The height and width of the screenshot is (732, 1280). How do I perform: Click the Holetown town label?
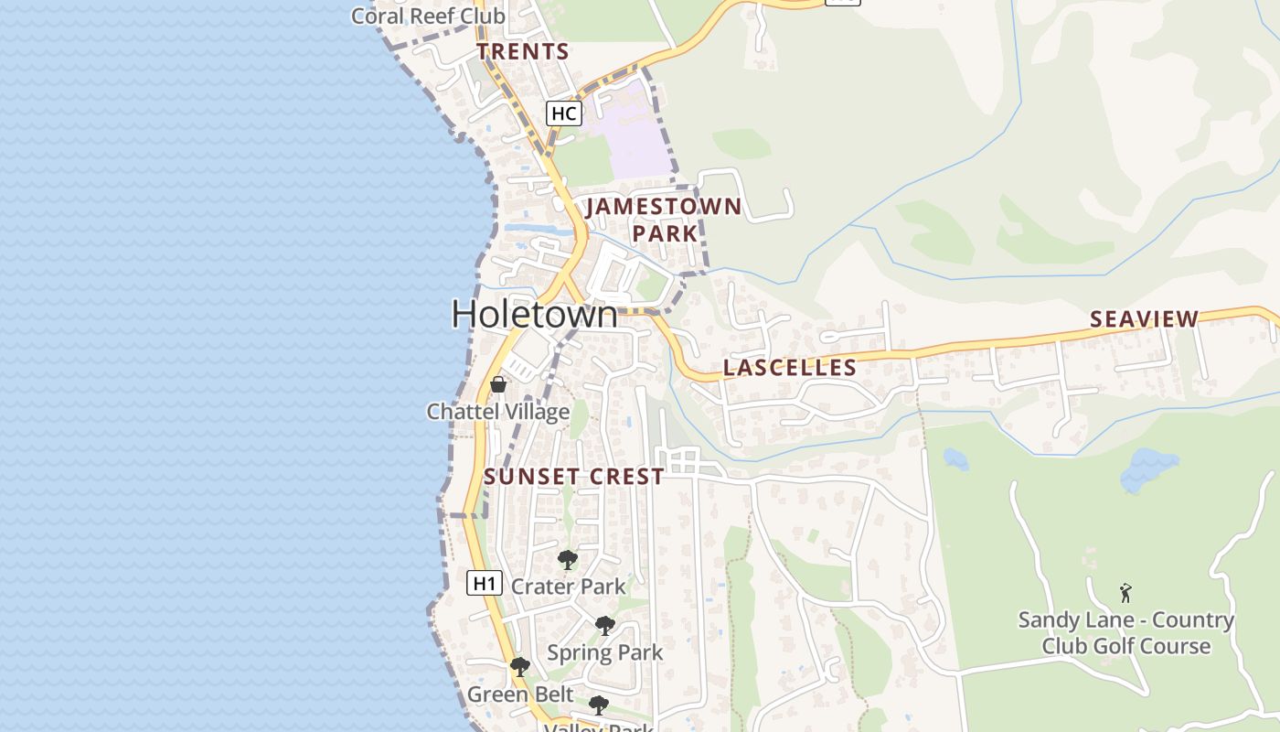[535, 314]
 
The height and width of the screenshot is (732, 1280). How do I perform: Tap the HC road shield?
[563, 113]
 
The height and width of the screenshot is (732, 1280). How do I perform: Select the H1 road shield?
[485, 583]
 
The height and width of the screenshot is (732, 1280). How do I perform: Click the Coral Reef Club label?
[428, 16]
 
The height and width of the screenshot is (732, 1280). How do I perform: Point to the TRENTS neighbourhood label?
[523, 51]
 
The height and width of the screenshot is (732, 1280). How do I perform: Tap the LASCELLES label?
[790, 368]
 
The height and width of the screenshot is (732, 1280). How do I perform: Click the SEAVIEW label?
[1144, 318]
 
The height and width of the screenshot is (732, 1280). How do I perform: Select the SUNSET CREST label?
[574, 477]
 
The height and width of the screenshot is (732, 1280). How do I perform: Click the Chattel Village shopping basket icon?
[498, 384]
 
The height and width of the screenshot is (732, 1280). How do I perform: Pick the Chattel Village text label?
[498, 412]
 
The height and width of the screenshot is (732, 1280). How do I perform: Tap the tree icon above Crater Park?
[568, 559]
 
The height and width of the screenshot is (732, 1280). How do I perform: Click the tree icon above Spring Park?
[604, 626]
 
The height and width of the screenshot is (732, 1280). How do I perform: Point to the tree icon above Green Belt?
[520, 667]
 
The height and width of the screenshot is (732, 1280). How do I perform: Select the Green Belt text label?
[520, 694]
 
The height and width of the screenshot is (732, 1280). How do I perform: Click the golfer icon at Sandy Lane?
[1125, 593]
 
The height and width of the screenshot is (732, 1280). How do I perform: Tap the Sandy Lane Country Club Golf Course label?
[1126, 633]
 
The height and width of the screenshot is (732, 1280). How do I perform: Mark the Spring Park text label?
[605, 652]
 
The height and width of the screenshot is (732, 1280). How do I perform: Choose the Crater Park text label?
[569, 587]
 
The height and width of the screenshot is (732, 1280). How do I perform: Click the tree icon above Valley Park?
[599, 705]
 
